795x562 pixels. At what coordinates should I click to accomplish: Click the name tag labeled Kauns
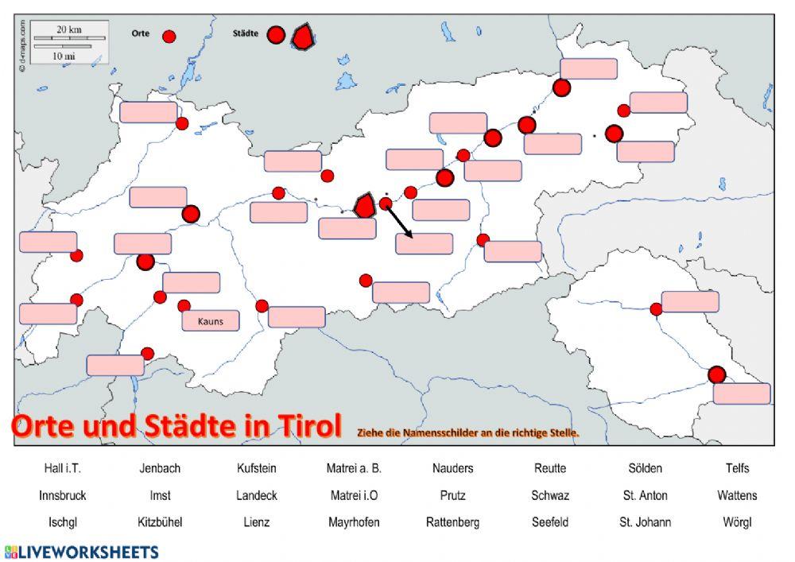[210, 321]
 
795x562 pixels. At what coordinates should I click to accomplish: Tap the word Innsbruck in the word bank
[62, 495]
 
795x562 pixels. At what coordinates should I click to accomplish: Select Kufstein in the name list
[256, 468]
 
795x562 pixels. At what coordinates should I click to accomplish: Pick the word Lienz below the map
[256, 522]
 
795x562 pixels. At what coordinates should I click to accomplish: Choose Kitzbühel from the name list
[160, 522]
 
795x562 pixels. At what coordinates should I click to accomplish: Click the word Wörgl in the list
[736, 522]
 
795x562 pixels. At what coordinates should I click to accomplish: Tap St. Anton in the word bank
[645, 495]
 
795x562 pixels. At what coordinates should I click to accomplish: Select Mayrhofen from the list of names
[354, 522]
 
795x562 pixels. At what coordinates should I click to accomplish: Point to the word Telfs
[736, 468]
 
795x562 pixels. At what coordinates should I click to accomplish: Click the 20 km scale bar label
[69, 29]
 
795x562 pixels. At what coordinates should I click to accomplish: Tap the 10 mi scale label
[64, 56]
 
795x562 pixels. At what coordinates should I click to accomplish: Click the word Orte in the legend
[140, 34]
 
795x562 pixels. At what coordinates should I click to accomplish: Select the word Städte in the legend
[246, 34]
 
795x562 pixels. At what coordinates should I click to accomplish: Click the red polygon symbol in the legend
[303, 37]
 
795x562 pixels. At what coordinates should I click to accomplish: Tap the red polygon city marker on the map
[364, 206]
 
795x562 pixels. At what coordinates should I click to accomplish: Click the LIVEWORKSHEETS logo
[81, 552]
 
